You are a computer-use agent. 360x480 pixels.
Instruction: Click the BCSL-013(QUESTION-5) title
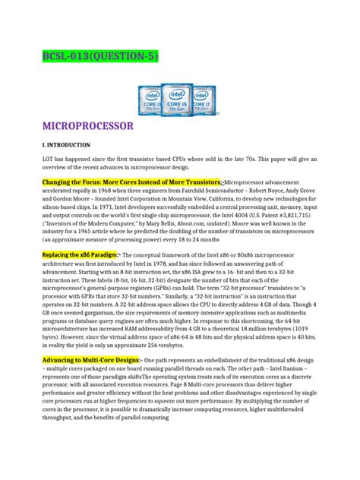(91, 57)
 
